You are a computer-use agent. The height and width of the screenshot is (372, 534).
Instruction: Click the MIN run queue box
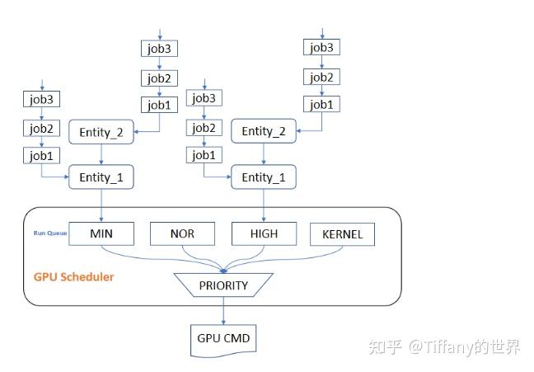101,233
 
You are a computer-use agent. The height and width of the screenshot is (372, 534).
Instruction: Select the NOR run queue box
182,233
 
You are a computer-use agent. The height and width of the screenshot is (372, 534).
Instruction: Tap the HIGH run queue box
264,233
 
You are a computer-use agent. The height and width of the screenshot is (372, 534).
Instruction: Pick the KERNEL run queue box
341,235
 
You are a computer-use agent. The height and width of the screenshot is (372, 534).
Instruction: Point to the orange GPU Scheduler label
73,277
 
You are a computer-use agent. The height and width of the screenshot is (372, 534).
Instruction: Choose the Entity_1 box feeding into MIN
101,177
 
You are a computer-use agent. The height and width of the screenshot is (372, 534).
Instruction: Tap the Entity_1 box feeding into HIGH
264,177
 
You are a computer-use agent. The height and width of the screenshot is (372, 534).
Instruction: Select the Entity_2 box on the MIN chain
101,131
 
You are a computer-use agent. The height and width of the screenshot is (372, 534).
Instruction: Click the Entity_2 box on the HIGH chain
264,131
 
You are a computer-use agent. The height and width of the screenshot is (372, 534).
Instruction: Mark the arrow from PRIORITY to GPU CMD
222,311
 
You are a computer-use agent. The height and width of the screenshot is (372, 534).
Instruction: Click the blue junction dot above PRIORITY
222,270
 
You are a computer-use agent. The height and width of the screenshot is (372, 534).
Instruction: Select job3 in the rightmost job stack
322,47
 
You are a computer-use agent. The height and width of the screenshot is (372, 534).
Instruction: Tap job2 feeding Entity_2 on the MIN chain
158,78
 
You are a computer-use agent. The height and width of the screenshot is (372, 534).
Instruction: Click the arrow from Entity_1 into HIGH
264,205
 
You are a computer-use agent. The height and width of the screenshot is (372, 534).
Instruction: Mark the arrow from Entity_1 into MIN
101,205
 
